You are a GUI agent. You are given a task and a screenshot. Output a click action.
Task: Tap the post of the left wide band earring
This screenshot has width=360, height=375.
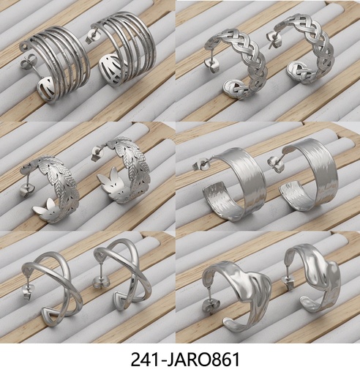tap(200, 166)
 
